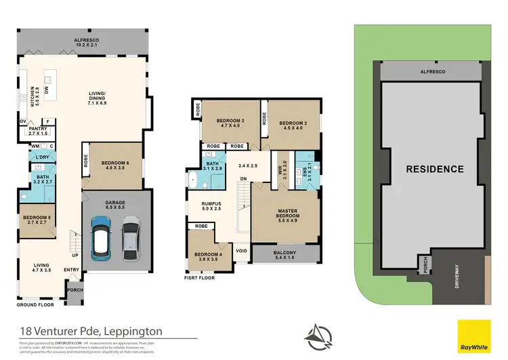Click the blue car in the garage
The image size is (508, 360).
(100, 238)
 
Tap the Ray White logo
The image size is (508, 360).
(473, 336)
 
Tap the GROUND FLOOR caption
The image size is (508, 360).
(35, 304)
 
